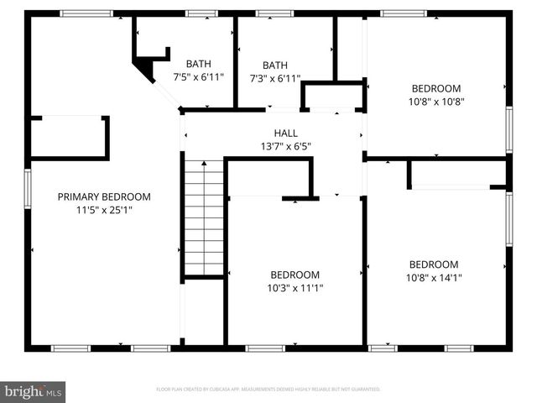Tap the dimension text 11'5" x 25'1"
104,210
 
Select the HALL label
285,133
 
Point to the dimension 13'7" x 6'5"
285,146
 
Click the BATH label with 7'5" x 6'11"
199,64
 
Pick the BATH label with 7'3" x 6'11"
275,65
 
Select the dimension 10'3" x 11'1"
295,287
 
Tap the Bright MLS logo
34,390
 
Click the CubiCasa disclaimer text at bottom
268,390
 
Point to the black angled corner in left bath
146,70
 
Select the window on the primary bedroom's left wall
28,195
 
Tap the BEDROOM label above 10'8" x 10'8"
435,88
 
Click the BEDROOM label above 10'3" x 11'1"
295,275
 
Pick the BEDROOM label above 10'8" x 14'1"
433,264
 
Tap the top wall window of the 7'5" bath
201,13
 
